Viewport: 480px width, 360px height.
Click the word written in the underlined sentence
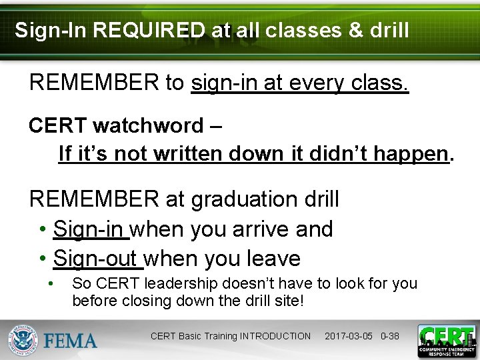click(189, 154)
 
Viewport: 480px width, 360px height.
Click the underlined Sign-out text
click(97, 258)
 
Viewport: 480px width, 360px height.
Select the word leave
click(273, 258)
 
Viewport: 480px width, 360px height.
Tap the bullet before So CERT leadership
click(51, 283)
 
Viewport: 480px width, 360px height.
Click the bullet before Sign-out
click(43, 258)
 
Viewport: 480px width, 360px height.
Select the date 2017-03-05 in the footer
click(349, 336)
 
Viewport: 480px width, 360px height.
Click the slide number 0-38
click(389, 336)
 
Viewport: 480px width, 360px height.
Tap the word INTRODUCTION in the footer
click(275, 336)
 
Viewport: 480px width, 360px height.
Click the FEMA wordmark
click(71, 341)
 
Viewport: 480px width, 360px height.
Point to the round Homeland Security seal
click(23, 339)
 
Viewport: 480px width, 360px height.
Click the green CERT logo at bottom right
click(446, 340)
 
